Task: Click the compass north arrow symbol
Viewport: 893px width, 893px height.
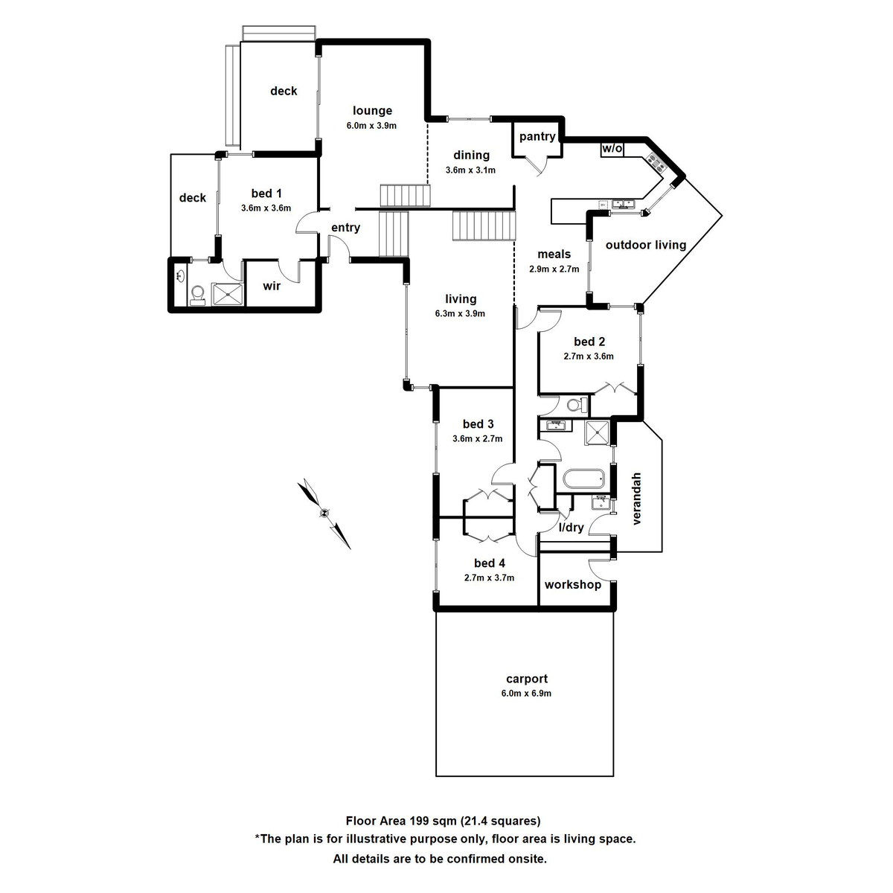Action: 324,513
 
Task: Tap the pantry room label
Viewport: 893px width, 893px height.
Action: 537,136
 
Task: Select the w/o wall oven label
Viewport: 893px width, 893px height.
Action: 612,149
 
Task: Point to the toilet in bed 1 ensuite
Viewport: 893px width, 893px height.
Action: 197,295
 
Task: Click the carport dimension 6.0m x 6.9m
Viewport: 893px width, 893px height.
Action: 526,694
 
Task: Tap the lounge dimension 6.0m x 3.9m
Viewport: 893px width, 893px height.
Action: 371,126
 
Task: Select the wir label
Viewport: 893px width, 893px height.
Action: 272,286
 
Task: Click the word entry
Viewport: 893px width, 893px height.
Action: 345,228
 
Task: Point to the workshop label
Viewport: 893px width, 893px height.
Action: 572,585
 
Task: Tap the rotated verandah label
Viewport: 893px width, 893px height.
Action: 636,499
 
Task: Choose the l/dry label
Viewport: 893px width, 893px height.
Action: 572,528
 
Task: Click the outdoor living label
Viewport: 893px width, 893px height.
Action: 645,245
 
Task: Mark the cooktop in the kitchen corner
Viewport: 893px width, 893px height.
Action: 656,161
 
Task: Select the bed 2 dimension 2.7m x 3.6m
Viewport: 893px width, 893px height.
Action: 588,356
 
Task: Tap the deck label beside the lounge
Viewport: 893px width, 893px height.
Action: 284,91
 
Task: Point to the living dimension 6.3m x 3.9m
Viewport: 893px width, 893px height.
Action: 460,313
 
